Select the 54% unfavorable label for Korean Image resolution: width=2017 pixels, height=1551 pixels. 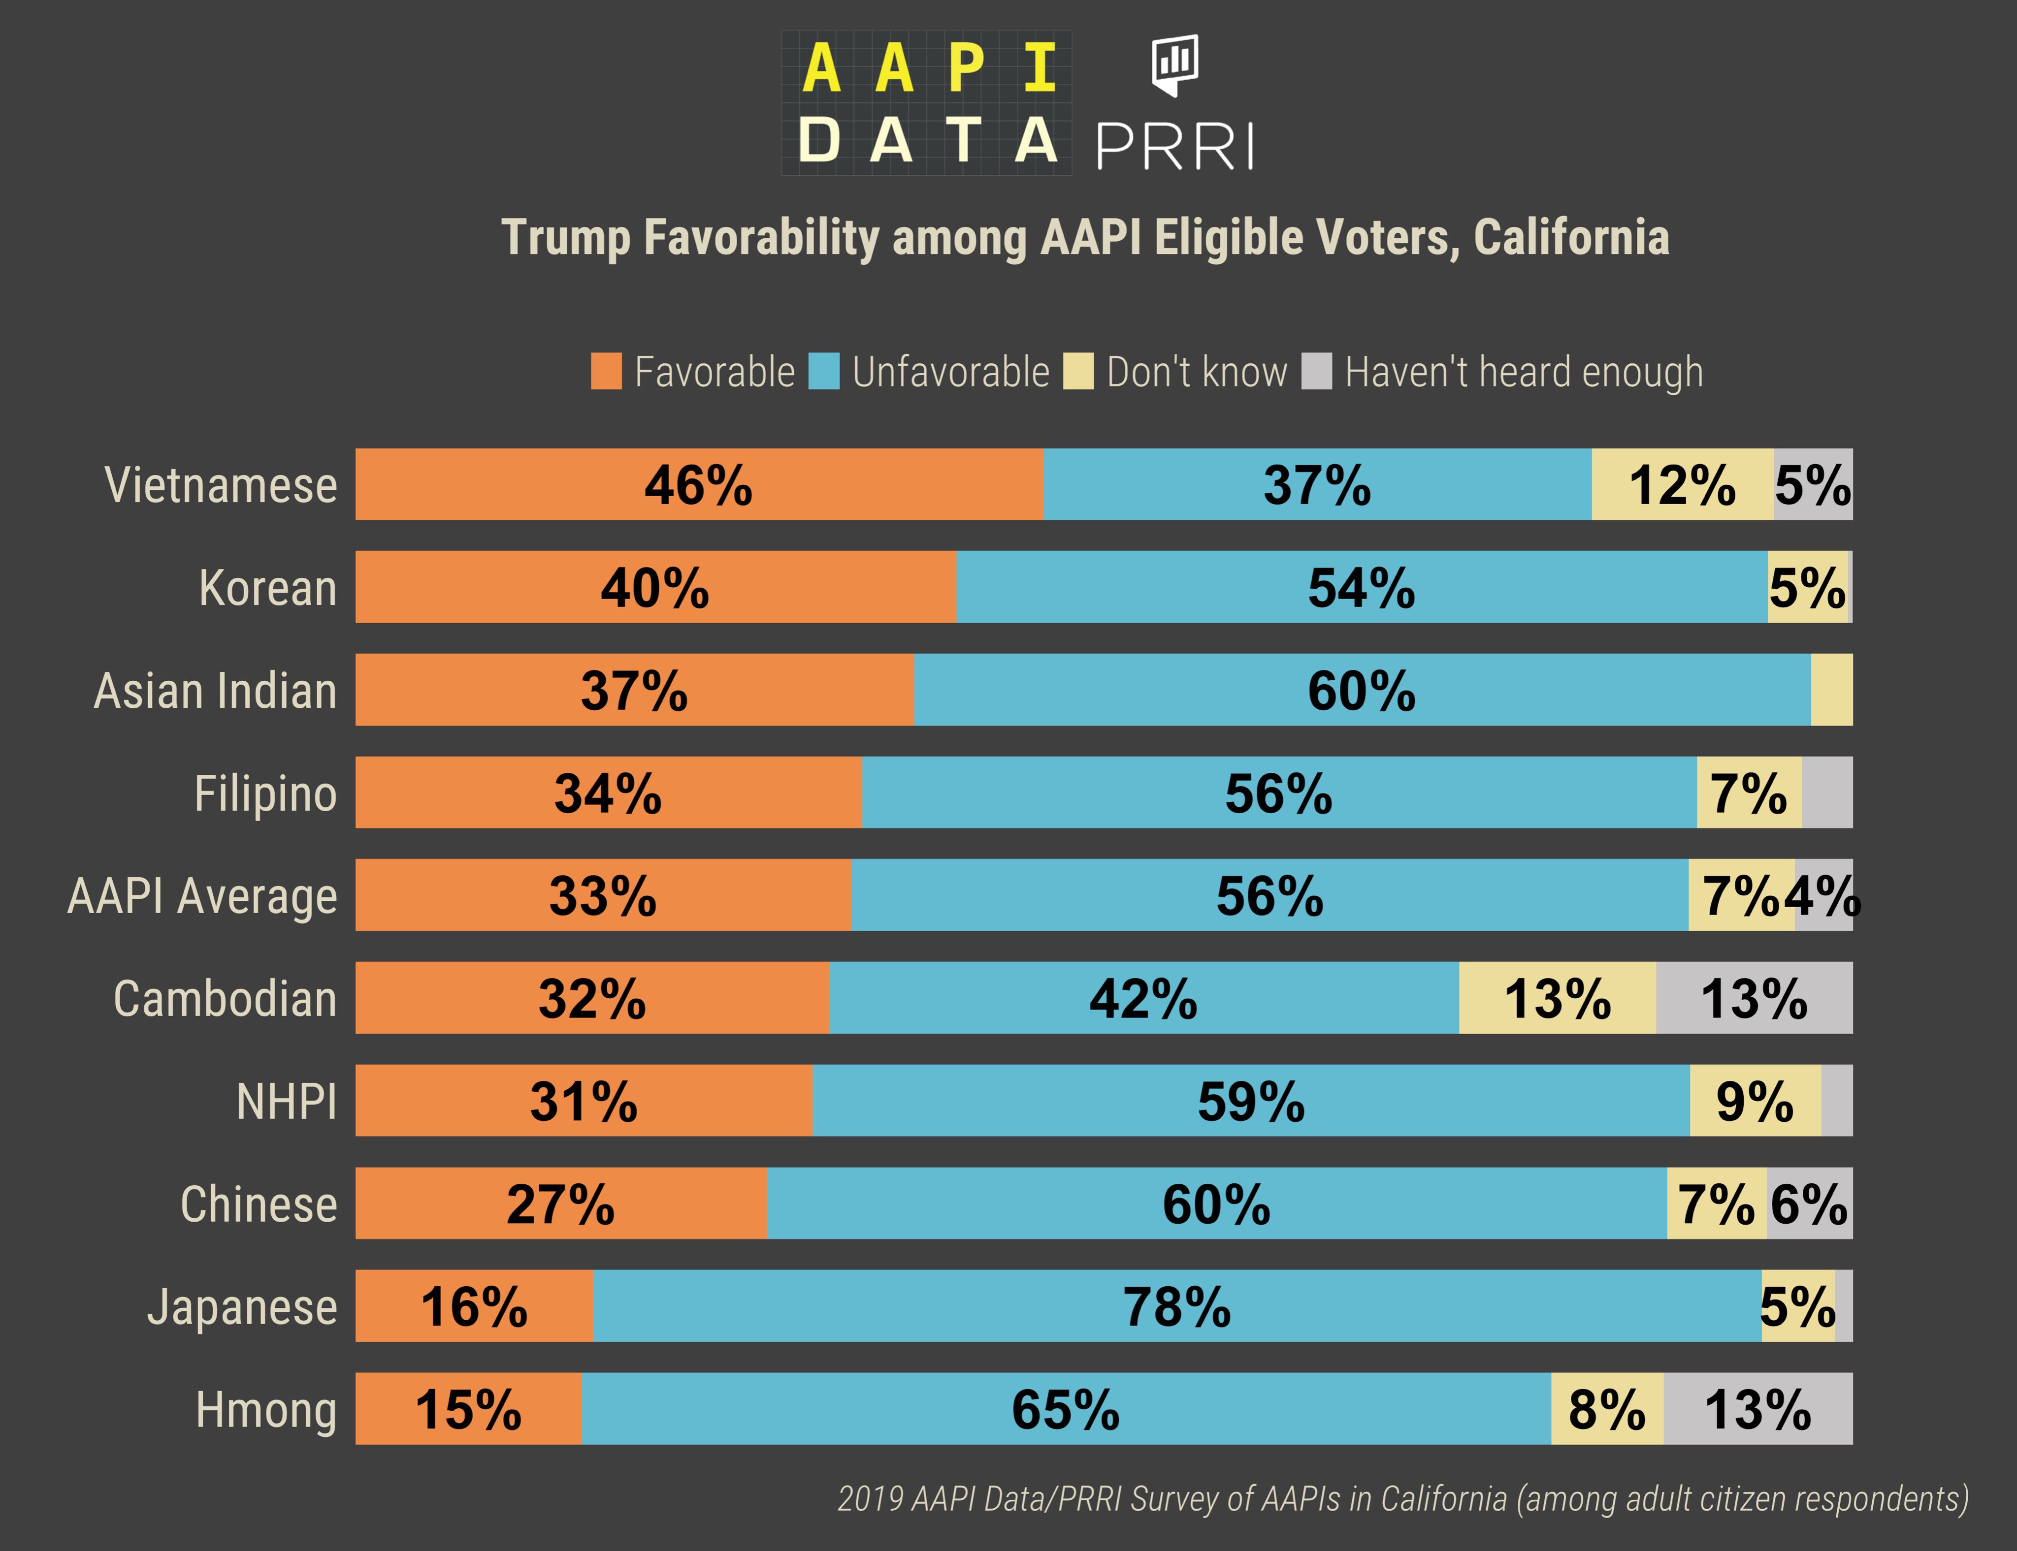click(1361, 588)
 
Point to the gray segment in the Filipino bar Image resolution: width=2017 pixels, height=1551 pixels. click(1827, 792)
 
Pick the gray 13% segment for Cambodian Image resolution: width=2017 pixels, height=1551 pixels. click(1753, 998)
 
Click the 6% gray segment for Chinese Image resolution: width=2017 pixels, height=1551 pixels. click(1808, 1204)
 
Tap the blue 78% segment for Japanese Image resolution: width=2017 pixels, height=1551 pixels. click(1176, 1306)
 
